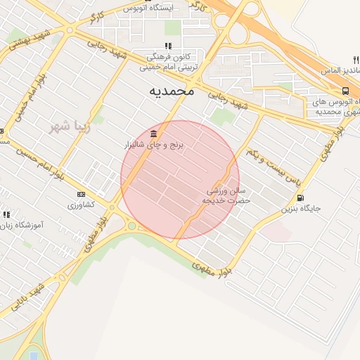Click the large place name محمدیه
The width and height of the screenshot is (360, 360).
(x=172, y=91)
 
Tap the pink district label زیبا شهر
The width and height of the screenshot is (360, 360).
(x=68, y=127)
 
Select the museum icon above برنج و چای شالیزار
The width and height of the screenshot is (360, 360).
(x=153, y=134)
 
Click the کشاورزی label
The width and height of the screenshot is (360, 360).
(x=81, y=205)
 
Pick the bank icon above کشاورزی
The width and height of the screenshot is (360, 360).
(x=81, y=195)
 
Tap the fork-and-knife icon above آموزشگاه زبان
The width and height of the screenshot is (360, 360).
(x=6, y=214)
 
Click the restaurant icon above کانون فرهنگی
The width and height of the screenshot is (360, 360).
(x=168, y=46)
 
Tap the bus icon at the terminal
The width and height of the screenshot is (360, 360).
(x=345, y=91)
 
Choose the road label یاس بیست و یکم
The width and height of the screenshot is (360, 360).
(x=274, y=168)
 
